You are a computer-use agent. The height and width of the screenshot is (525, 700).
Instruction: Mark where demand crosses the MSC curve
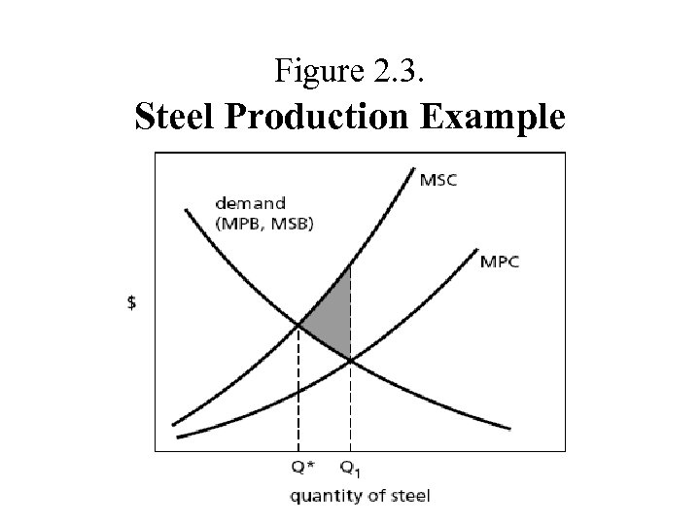point(298,325)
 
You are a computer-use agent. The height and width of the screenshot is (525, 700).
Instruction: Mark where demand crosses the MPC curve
point(351,361)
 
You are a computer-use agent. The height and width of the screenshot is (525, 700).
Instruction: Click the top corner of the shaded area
point(350,263)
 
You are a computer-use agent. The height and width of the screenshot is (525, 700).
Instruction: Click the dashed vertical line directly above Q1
point(351,408)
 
